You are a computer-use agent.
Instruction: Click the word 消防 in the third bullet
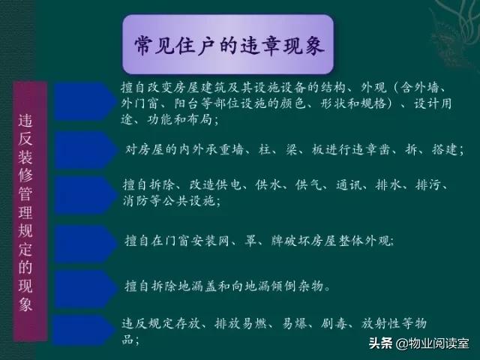(x=133, y=201)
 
